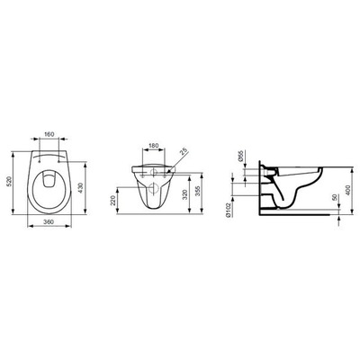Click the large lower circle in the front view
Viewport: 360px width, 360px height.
(154, 190)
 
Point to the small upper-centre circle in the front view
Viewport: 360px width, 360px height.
(154, 168)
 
